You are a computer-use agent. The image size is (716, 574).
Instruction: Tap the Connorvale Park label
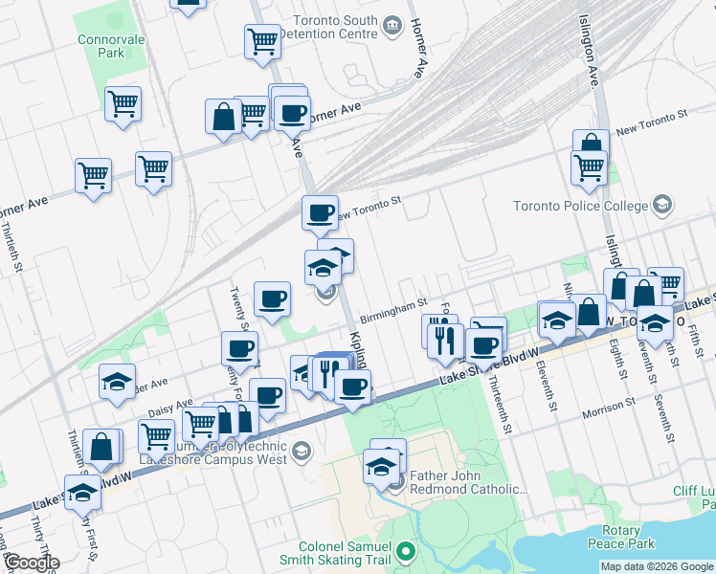tap(103, 46)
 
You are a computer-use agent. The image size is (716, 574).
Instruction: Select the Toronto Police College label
tap(580, 206)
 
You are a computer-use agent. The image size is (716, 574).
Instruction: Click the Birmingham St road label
tap(393, 311)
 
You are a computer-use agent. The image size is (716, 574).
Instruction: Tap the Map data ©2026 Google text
tap(657, 566)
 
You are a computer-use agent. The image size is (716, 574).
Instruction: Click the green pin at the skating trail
tap(407, 552)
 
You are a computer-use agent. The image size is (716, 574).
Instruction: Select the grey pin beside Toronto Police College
tap(661, 205)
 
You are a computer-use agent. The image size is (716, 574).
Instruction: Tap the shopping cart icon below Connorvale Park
tap(123, 103)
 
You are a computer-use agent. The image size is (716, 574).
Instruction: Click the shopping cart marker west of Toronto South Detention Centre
tap(261, 41)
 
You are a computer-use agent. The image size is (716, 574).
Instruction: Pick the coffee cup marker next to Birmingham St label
tap(271, 298)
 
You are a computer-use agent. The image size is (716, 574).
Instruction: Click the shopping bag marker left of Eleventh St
tap(590, 312)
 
